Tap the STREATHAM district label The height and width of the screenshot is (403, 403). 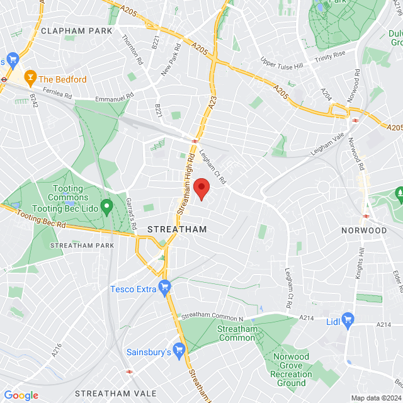(176, 230)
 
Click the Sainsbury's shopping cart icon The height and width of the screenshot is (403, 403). (180, 349)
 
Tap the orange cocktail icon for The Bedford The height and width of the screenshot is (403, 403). (29, 79)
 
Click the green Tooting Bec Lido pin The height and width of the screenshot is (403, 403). (107, 206)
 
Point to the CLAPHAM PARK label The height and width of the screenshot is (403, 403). (76, 30)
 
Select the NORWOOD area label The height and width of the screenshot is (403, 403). (364, 230)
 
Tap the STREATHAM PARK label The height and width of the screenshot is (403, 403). (81, 245)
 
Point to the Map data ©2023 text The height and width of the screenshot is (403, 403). (375, 398)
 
